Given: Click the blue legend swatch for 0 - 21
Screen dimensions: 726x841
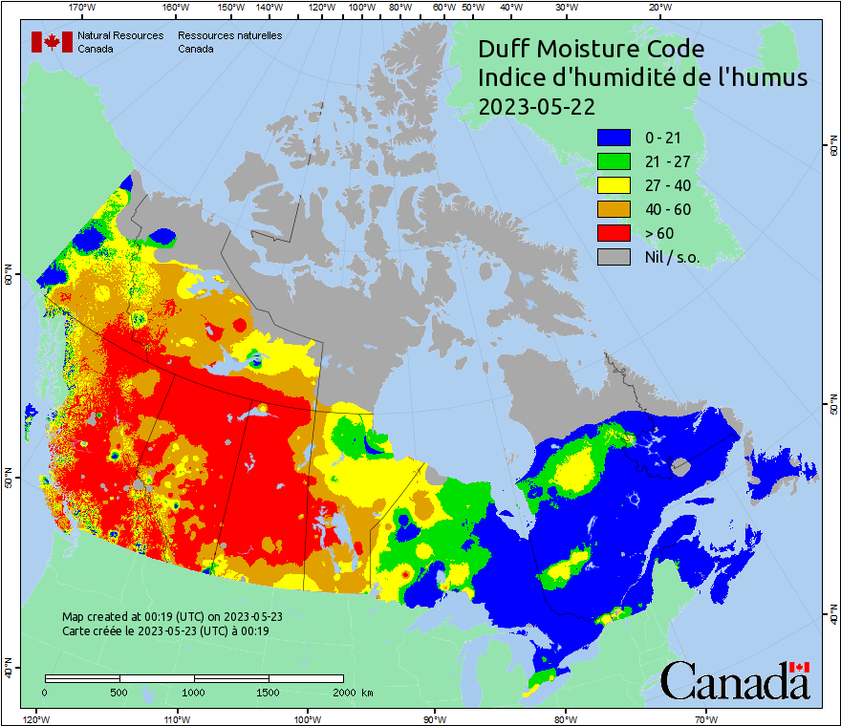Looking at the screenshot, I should pyautogui.click(x=615, y=138).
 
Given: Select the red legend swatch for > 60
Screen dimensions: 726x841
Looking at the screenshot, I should pyautogui.click(x=615, y=233).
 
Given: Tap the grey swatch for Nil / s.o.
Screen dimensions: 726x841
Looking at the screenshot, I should pyautogui.click(x=615, y=257).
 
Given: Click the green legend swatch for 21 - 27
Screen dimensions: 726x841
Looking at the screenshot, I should pyautogui.click(x=615, y=161).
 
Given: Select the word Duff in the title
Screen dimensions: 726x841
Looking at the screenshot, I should pyautogui.click(x=505, y=49).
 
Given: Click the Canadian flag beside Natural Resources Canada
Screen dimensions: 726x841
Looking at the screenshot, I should pyautogui.click(x=52, y=42).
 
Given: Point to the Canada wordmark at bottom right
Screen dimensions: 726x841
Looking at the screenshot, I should pyautogui.click(x=735, y=680).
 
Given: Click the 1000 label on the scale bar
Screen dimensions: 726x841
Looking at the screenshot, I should pyautogui.click(x=194, y=692).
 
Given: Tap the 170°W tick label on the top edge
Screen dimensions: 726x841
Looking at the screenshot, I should pyautogui.click(x=84, y=8).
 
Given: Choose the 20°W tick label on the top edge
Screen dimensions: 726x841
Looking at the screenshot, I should pyautogui.click(x=658, y=8).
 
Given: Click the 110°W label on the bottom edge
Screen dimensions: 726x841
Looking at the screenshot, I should pyautogui.click(x=176, y=718).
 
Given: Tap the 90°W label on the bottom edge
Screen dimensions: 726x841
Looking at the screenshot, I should pyautogui.click(x=435, y=718).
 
